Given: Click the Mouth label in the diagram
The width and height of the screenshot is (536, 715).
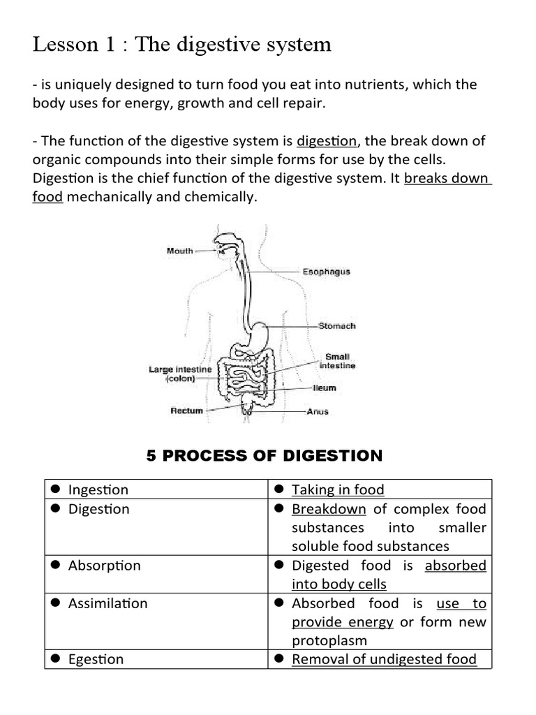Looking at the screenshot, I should point(180,251).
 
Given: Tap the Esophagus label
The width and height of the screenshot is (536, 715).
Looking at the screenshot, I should point(326,272).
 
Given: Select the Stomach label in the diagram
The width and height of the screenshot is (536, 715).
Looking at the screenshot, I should point(337,326).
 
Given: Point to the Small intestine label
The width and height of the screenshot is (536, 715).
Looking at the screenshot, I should point(338,361).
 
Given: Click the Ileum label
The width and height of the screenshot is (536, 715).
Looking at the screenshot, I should point(325,388).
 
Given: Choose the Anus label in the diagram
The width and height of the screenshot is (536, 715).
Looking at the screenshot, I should point(318,411).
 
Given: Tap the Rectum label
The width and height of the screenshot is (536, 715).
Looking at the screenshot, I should point(187,411).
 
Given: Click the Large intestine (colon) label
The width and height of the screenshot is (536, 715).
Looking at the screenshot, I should point(180,374).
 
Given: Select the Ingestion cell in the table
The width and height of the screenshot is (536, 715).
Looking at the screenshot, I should point(98,490).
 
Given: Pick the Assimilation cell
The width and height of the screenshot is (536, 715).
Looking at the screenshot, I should point(108,603).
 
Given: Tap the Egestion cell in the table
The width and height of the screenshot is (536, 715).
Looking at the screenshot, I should point(96,659).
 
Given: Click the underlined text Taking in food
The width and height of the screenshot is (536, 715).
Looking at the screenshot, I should point(338,490).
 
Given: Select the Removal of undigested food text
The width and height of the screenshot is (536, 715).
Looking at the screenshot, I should point(384,659).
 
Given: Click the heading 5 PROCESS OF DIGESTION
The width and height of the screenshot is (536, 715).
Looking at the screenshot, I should point(265,456).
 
